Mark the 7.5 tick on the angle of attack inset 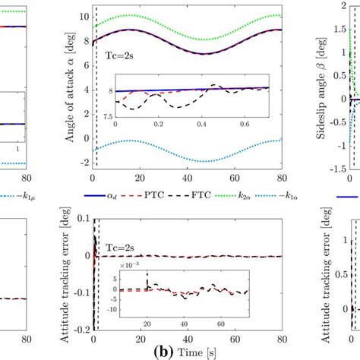(103, 116)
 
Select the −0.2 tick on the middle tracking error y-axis (75, 331)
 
